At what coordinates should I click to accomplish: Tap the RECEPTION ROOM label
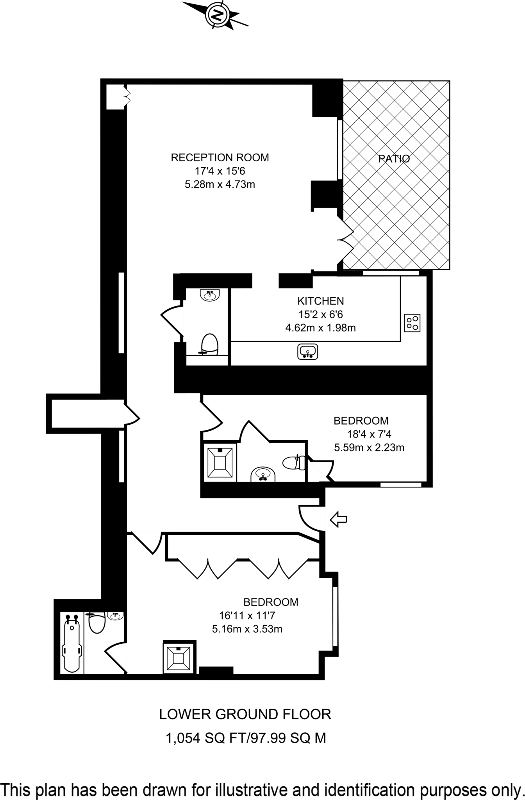point(220,158)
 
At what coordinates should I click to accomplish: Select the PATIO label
point(394,159)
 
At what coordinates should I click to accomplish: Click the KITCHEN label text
point(321,301)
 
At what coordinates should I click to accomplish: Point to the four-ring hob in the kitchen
point(412,323)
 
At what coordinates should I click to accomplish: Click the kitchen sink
point(308,352)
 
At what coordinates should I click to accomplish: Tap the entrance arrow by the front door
point(338,520)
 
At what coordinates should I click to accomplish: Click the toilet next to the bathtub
point(96,622)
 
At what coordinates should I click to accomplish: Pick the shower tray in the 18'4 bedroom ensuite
point(220,463)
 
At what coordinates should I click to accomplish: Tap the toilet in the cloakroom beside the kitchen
point(209,344)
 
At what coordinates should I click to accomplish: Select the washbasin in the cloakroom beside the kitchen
point(210,295)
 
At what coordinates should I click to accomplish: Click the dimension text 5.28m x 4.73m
point(220,184)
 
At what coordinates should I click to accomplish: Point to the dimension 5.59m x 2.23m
point(369,448)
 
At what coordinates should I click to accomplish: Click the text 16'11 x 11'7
point(247,616)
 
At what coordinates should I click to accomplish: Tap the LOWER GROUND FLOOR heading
point(245,714)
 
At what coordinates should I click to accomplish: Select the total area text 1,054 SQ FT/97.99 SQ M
point(246,738)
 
